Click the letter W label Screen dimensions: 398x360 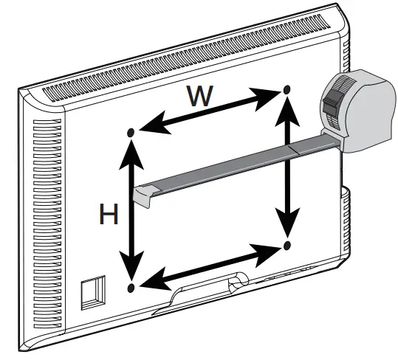coord(200,96)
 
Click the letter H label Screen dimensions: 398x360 coord(109,214)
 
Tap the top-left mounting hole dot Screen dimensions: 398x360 coord(131,133)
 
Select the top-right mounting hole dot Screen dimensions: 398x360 coord(287,89)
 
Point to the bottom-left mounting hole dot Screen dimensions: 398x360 coord(131,288)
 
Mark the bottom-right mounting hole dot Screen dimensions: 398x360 coord(287,246)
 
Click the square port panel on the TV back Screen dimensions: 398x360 coord(93,293)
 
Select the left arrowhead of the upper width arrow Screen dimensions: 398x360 coord(155,123)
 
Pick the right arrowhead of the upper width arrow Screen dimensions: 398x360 coord(265,98)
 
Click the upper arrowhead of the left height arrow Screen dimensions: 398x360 coord(131,155)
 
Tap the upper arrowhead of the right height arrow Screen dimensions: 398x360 coord(287,111)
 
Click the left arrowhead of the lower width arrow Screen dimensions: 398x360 coord(155,280)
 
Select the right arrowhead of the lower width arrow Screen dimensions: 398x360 coord(266,255)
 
